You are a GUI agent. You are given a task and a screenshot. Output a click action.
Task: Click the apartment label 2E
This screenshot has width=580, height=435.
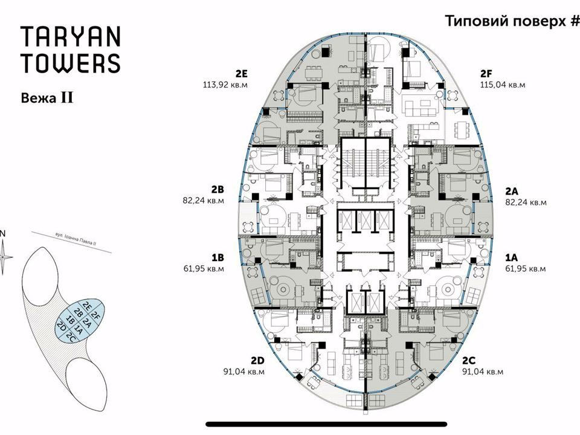pyautogui.click(x=241, y=74)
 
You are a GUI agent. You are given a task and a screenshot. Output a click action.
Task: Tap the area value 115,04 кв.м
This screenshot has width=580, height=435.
pyautogui.click(x=502, y=85)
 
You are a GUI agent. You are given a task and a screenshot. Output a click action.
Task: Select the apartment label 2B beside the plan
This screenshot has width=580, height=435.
pyautogui.click(x=218, y=190)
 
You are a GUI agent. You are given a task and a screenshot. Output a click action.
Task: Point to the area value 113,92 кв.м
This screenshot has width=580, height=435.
pyautogui.click(x=225, y=85)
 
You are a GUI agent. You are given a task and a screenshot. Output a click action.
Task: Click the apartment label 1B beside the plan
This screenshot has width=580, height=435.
pyautogui.click(x=218, y=258)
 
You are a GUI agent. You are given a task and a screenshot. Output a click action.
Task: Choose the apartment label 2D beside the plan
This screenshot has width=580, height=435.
pyautogui.click(x=257, y=360)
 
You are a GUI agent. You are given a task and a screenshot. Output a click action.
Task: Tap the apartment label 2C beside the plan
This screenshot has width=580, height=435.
pyautogui.click(x=469, y=360)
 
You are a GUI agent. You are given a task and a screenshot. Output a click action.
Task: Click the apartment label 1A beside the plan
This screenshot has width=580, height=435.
pyautogui.click(x=512, y=258)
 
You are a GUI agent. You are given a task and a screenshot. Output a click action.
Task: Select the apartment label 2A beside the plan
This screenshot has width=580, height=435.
pyautogui.click(x=512, y=192)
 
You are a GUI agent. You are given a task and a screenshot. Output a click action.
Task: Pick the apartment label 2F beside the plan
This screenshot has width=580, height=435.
pyautogui.click(x=486, y=74)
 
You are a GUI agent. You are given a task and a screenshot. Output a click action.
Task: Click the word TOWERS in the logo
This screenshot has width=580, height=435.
pyautogui.click(x=71, y=63)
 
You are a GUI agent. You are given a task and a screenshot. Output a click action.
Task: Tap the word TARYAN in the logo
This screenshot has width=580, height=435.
pyautogui.click(x=71, y=36)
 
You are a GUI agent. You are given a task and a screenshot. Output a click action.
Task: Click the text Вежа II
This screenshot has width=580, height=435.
pyautogui.click(x=47, y=98)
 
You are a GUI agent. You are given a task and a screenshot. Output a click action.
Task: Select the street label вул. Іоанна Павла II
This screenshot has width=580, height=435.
pyautogui.click(x=76, y=239)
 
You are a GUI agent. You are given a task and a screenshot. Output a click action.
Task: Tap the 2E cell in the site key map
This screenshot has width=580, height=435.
pyautogui.click(x=87, y=306)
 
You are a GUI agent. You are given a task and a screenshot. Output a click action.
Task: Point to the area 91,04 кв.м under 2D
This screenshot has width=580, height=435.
pyautogui.click(x=243, y=372)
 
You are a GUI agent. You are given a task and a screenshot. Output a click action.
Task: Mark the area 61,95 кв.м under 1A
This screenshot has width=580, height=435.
pyautogui.click(x=526, y=269)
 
